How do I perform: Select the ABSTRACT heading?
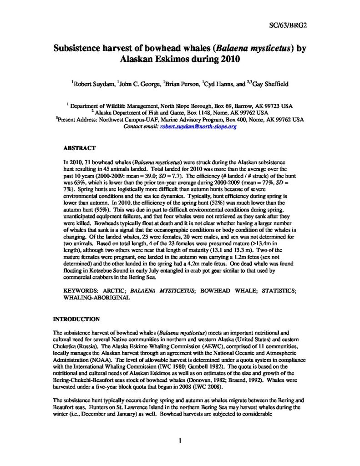pos(79,148)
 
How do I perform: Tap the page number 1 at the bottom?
pos(180,441)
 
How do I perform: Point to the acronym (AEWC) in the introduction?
pos(167,346)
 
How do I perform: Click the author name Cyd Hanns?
pos(216,84)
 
